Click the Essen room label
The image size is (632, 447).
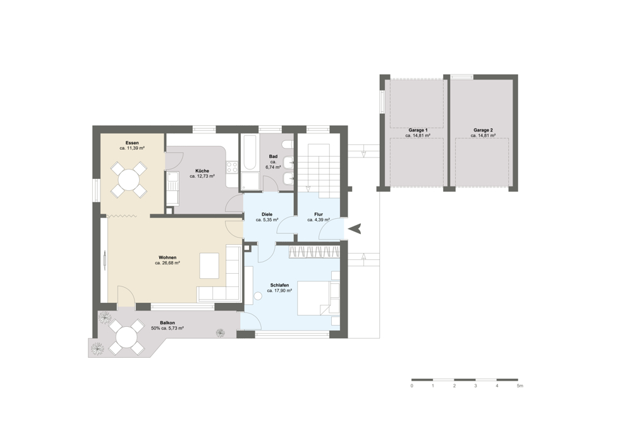point(132,143)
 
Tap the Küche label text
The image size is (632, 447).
point(202,171)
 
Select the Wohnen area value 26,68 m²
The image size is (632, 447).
point(171,263)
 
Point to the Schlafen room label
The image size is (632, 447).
point(279,285)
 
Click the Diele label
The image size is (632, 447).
point(267,214)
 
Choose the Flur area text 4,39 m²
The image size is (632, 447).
point(322,220)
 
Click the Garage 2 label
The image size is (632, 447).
point(483,130)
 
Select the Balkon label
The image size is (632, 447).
point(167,323)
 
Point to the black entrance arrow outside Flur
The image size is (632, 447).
point(355,229)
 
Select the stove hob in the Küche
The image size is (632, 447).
point(232,167)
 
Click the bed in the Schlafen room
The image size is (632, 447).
point(319,298)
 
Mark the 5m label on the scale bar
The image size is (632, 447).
point(520,386)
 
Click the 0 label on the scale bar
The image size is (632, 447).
point(411,386)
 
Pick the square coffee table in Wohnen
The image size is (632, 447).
point(210,265)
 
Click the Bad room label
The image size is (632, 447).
point(273,156)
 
